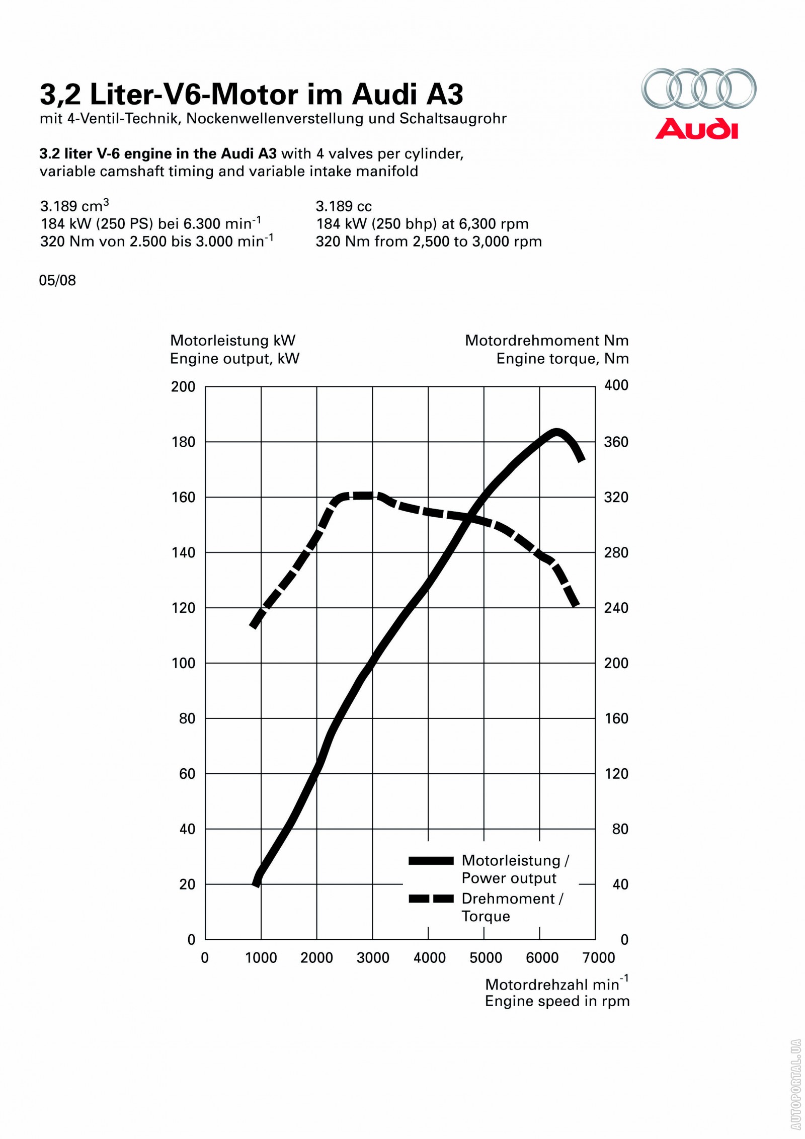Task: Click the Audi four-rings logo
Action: (698, 89)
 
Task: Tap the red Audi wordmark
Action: (696, 129)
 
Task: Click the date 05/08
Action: (57, 280)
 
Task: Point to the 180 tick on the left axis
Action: (184, 442)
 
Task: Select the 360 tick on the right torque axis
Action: (616, 442)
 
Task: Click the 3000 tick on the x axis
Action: (373, 958)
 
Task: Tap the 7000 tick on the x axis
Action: (599, 958)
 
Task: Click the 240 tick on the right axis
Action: (616, 608)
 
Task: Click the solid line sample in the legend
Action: (431, 861)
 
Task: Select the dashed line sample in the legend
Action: (431, 899)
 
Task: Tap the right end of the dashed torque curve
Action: (576, 603)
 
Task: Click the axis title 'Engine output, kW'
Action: (234, 359)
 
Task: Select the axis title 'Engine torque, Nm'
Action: (562, 359)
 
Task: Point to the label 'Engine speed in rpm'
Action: (557, 1001)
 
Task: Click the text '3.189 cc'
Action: (344, 206)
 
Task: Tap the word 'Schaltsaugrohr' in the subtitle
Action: (453, 119)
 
